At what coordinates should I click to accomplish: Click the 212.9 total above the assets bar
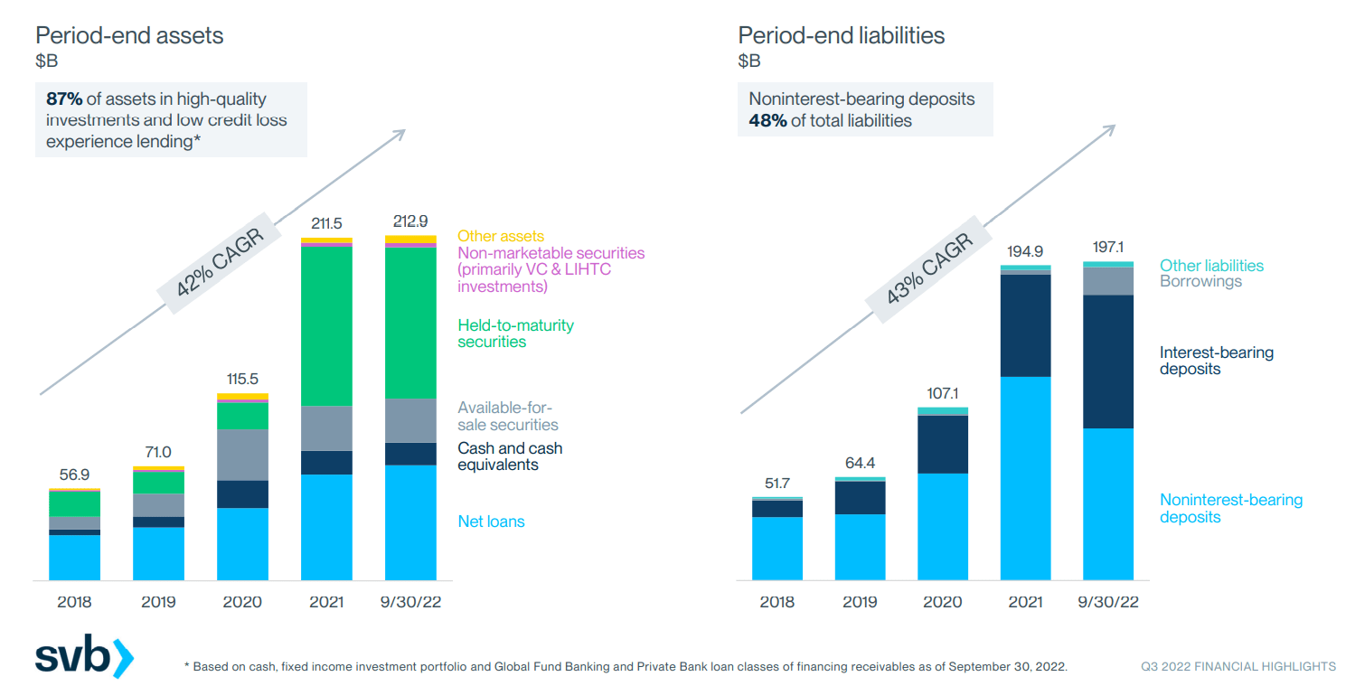click(x=410, y=221)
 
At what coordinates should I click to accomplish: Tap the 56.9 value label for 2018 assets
click(x=74, y=474)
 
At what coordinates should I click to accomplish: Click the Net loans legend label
click(x=491, y=522)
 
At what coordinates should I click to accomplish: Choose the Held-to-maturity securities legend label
click(x=515, y=334)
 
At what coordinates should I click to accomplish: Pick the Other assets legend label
click(x=501, y=237)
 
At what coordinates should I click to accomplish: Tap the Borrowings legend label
click(x=1200, y=281)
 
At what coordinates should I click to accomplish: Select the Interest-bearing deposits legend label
click(x=1216, y=361)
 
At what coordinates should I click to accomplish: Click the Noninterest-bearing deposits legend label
click(x=1231, y=509)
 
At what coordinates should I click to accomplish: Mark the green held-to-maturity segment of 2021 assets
click(x=326, y=325)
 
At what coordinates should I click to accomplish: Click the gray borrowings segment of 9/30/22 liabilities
click(x=1108, y=281)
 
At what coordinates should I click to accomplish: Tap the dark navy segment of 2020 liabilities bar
click(x=943, y=444)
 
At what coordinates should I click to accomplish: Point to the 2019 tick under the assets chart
click(x=158, y=602)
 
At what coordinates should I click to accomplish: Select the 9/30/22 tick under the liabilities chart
click(x=1108, y=602)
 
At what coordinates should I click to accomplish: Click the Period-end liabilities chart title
click(x=841, y=35)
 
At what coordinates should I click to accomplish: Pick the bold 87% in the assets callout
click(x=63, y=99)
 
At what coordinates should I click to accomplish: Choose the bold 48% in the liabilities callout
click(x=767, y=120)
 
